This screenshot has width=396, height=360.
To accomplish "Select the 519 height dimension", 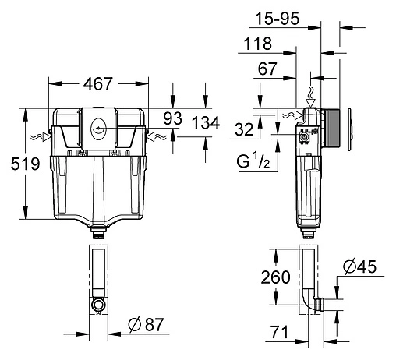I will tap(12, 163).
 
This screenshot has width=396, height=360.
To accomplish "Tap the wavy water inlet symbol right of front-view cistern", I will tap(157, 137).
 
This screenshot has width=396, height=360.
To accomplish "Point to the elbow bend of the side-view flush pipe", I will tap(316, 306).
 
